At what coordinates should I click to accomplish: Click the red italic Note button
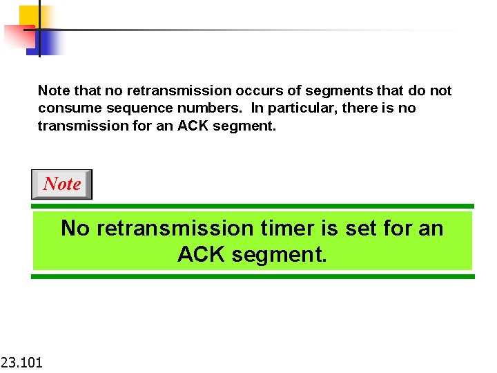point(61,184)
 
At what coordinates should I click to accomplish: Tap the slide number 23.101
point(21,361)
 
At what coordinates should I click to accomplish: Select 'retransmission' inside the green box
point(175,228)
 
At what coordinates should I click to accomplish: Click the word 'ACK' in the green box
point(202,255)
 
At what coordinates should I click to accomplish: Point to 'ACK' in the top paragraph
point(197,126)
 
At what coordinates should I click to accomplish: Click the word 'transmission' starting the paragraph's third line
point(79,126)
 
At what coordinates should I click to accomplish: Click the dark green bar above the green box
point(253,206)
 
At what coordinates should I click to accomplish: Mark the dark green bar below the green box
point(253,276)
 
